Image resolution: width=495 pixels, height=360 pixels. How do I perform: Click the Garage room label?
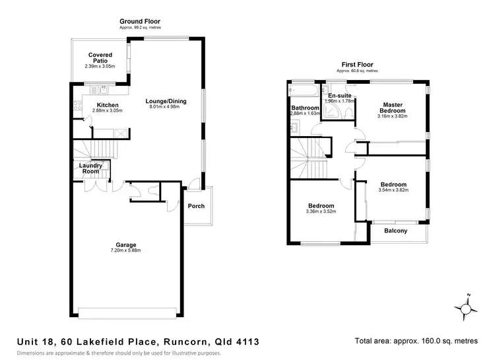[x=125, y=244]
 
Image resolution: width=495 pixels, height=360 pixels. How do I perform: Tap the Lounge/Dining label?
[x=166, y=101]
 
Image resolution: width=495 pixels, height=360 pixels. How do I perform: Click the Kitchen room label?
[x=108, y=105]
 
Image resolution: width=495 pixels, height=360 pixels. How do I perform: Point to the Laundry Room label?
[x=90, y=168]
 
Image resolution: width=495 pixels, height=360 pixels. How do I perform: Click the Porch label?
[x=196, y=206]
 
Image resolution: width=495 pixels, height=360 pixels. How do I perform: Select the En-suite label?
[x=339, y=96]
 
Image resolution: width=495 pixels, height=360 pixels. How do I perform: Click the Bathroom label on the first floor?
[x=305, y=108]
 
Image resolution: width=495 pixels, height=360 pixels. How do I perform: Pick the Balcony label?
[x=395, y=231]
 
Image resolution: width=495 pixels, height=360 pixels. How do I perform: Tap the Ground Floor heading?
[x=140, y=22]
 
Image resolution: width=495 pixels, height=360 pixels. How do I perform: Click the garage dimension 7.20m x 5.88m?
[x=125, y=251]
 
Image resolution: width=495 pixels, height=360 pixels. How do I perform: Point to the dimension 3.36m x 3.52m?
[x=321, y=212]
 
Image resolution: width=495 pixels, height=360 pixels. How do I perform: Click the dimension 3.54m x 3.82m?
[x=395, y=190]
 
